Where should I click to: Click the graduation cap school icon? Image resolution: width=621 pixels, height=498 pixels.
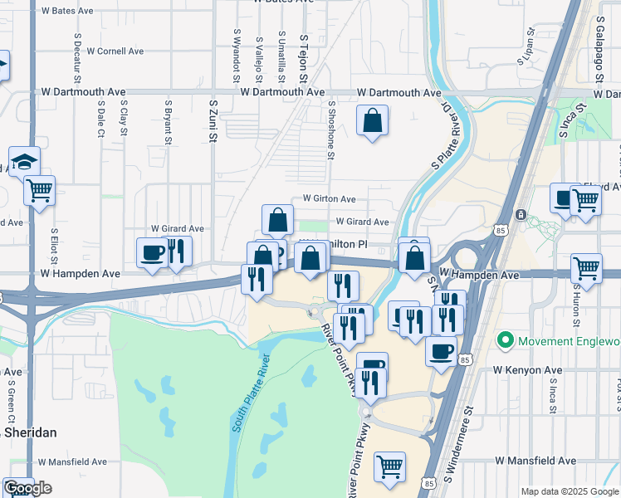(24, 161)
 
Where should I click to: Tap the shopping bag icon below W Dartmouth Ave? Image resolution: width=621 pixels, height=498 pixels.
(373, 120)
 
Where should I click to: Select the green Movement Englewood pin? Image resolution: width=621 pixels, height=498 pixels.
(504, 341)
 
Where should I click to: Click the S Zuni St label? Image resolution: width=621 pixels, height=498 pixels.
(213, 121)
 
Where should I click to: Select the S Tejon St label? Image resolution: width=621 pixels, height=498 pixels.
(304, 58)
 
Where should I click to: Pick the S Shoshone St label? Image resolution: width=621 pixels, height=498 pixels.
(330, 130)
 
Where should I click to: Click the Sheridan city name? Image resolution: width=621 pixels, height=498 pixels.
(28, 432)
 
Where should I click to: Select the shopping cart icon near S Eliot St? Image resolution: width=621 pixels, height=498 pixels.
(39, 190)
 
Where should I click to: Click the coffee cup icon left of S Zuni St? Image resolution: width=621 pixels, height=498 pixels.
(152, 251)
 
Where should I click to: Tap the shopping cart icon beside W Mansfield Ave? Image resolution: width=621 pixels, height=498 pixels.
(389, 466)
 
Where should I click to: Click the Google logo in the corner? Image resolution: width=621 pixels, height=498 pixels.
(27, 488)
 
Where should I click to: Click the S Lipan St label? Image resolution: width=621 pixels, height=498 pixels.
(527, 44)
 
